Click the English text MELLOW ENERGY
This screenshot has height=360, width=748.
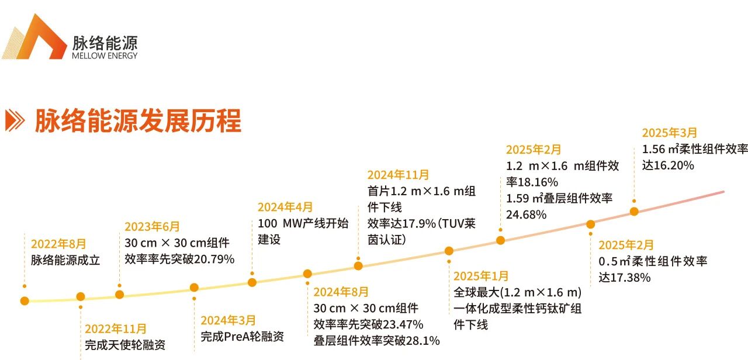(x=105, y=56)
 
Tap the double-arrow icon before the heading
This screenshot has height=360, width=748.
(x=15, y=120)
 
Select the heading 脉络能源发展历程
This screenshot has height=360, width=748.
(x=138, y=121)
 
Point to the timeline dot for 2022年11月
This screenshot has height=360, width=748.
(x=81, y=297)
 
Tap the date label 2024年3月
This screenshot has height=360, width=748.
(x=228, y=320)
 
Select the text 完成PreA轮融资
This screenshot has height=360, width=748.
(x=243, y=337)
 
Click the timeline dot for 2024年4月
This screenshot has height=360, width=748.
(x=252, y=282)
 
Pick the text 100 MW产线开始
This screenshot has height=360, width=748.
(x=303, y=223)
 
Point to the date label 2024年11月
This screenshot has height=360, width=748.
(x=398, y=175)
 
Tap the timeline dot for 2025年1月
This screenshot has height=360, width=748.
(x=449, y=251)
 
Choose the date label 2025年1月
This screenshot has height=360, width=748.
(x=481, y=276)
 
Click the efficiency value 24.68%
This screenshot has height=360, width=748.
(x=526, y=214)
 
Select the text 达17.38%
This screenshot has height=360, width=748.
(x=624, y=278)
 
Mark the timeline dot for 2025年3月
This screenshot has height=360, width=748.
(x=634, y=211)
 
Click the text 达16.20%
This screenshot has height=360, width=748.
(x=668, y=165)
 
